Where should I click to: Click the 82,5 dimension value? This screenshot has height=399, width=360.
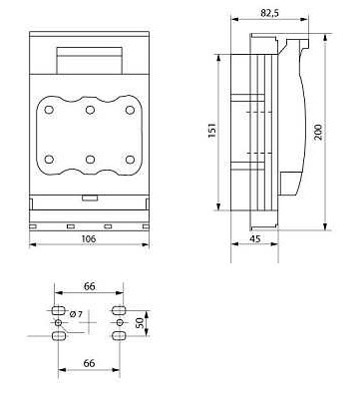click(x=269, y=13)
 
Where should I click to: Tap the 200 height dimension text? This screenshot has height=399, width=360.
click(x=318, y=132)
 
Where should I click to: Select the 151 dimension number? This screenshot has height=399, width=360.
click(x=211, y=131)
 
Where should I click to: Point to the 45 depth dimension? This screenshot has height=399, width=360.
click(x=255, y=238)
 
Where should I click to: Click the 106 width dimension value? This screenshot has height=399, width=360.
click(x=89, y=238)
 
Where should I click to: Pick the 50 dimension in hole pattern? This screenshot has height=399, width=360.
click(x=141, y=323)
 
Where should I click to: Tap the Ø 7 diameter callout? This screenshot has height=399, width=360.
click(x=76, y=313)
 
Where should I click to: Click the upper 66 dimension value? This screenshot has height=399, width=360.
click(x=89, y=286)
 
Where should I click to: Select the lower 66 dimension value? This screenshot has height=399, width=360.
click(x=89, y=363)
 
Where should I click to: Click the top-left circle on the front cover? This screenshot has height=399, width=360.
click(x=49, y=110)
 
